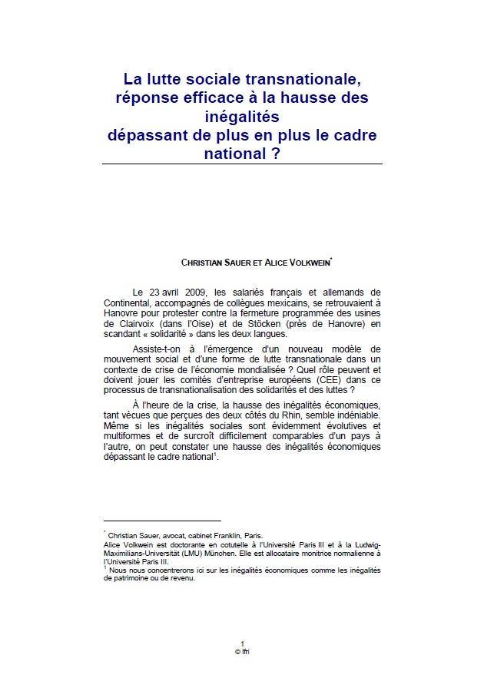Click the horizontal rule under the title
pyautogui.click(x=243, y=164)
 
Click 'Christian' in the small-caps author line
pyautogui.click(x=201, y=262)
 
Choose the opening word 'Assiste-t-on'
pyautogui.click(x=158, y=349)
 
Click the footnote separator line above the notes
pyautogui.click(x=161, y=521)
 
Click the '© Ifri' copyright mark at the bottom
pyautogui.click(x=242, y=651)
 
